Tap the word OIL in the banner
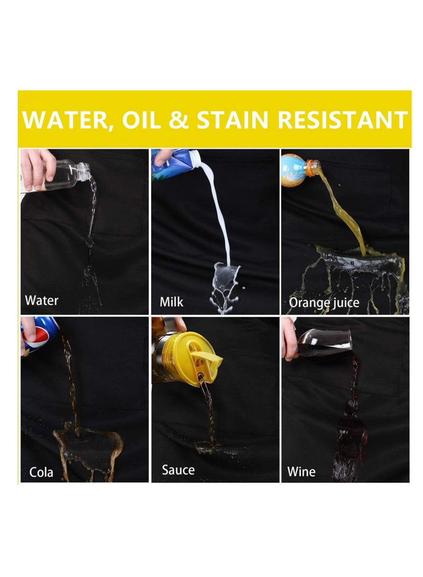[x=141, y=120]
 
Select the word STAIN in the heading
[x=233, y=120]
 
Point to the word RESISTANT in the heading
[x=343, y=120]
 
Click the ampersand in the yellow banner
[x=179, y=120]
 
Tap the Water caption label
[x=42, y=300]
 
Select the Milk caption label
[x=171, y=302]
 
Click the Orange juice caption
[x=324, y=303]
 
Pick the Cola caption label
[x=41, y=472]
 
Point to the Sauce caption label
[x=178, y=470]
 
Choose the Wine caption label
[x=301, y=472]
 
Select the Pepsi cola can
[x=39, y=335]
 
